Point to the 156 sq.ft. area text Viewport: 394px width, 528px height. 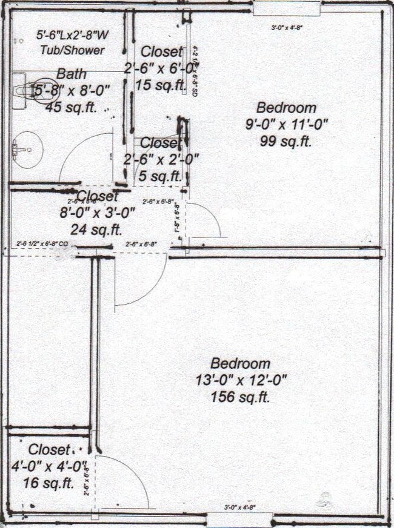tap(240, 398)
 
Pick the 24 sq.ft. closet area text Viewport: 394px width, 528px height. tap(96, 229)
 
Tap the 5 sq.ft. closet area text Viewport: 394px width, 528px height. tap(160, 176)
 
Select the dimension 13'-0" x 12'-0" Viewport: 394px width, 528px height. tap(240, 381)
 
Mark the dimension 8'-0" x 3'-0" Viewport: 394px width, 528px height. tap(97, 213)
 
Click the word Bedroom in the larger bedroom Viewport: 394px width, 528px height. tap(240, 364)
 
